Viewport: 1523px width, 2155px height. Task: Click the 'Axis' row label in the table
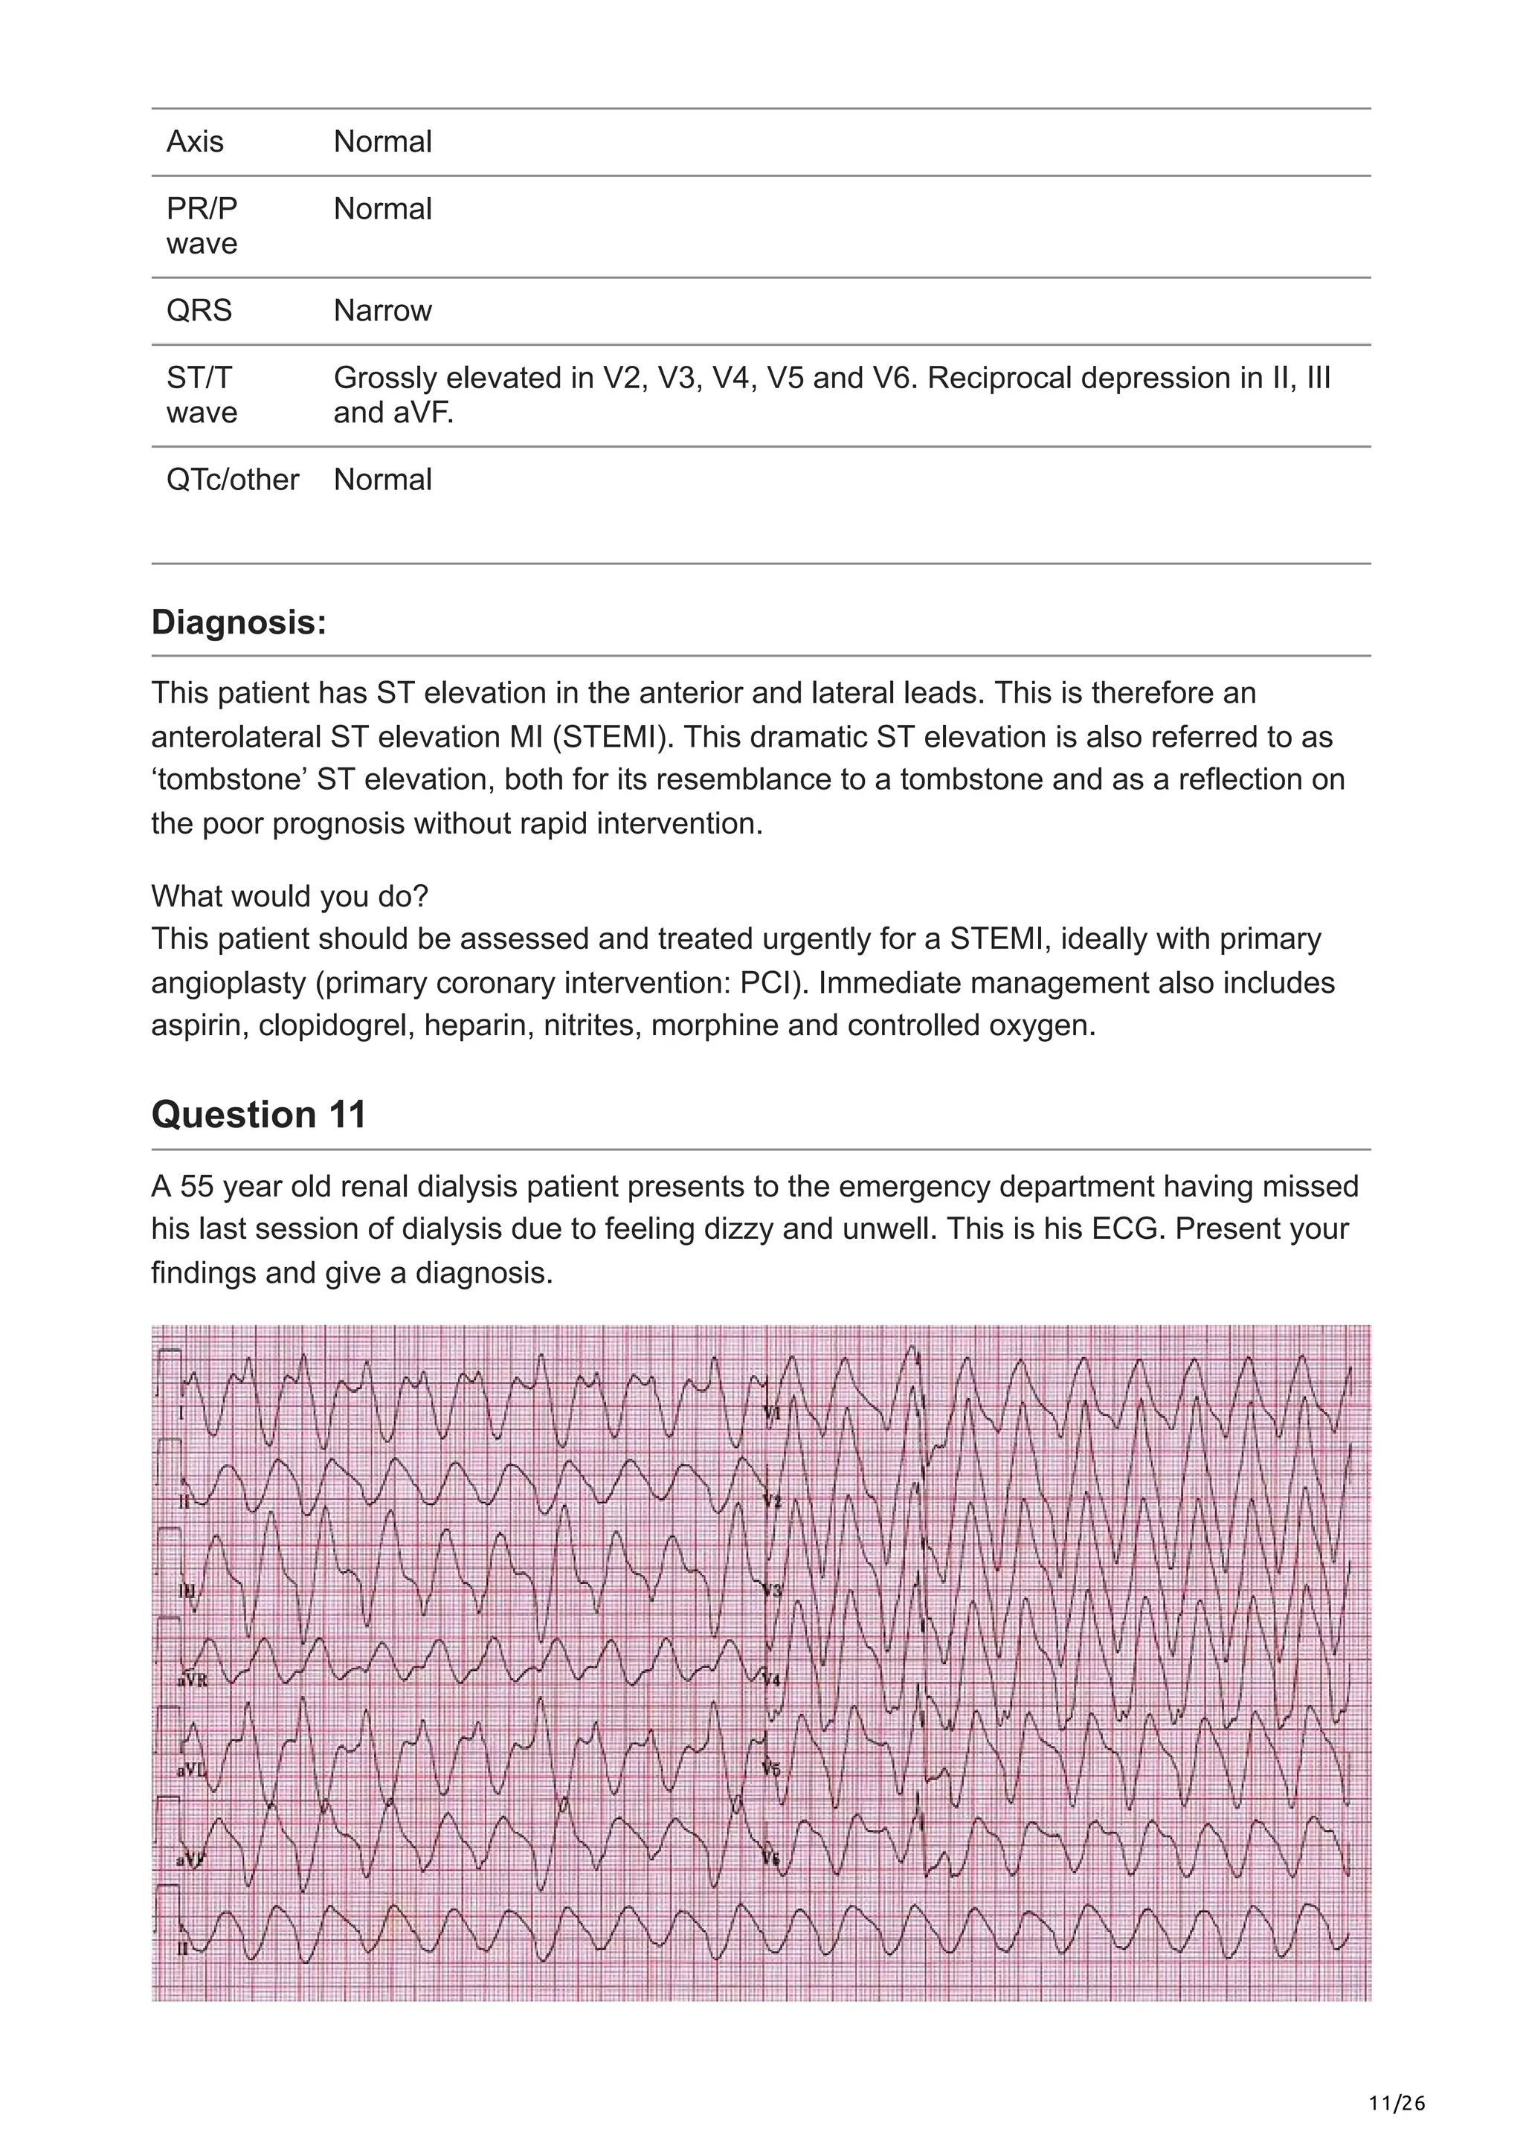[195, 142]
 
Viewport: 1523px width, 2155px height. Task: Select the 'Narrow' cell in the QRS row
[382, 311]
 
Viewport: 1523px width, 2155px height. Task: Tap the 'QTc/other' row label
[233, 480]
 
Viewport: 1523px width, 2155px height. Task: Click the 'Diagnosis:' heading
[239, 622]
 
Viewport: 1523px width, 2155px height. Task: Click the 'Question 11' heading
[258, 1114]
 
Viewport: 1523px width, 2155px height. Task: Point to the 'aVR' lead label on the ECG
[194, 1680]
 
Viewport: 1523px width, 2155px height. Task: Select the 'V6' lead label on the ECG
[773, 1859]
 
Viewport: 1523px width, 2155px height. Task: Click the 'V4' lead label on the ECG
[773, 1679]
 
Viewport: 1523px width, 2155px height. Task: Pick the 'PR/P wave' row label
[202, 226]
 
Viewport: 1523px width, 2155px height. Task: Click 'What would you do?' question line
[289, 896]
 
